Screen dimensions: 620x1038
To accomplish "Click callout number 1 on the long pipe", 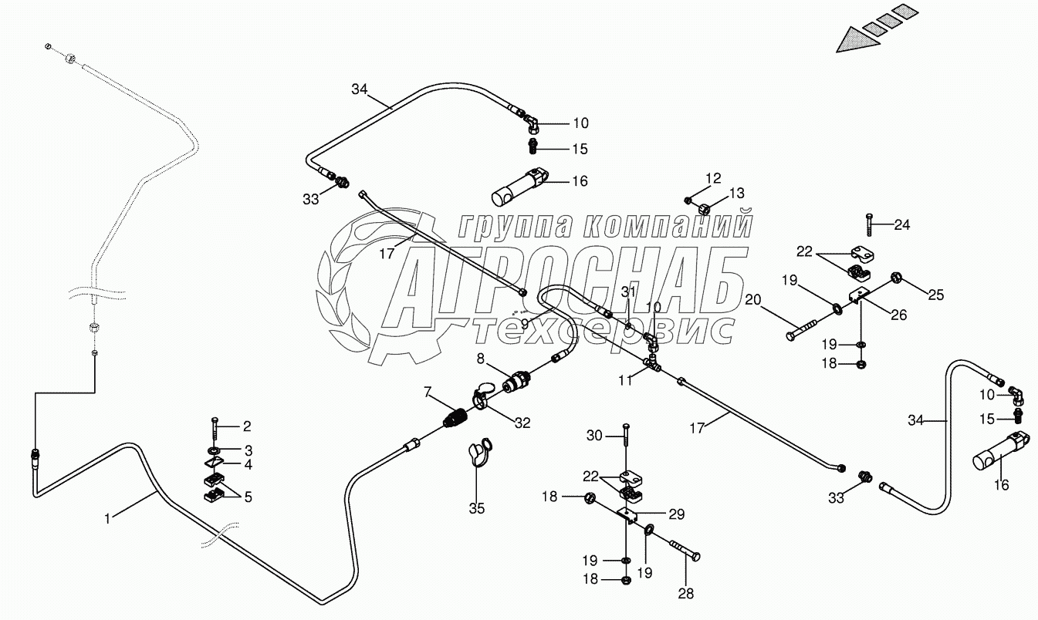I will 108,519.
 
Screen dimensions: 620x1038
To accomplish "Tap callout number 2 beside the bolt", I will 247,426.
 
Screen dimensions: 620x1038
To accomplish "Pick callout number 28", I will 685,593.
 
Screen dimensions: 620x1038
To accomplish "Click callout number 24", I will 902,225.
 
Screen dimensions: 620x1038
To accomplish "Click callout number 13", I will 737,193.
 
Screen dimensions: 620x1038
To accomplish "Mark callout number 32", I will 522,422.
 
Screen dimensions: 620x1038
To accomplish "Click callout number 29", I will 676,513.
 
